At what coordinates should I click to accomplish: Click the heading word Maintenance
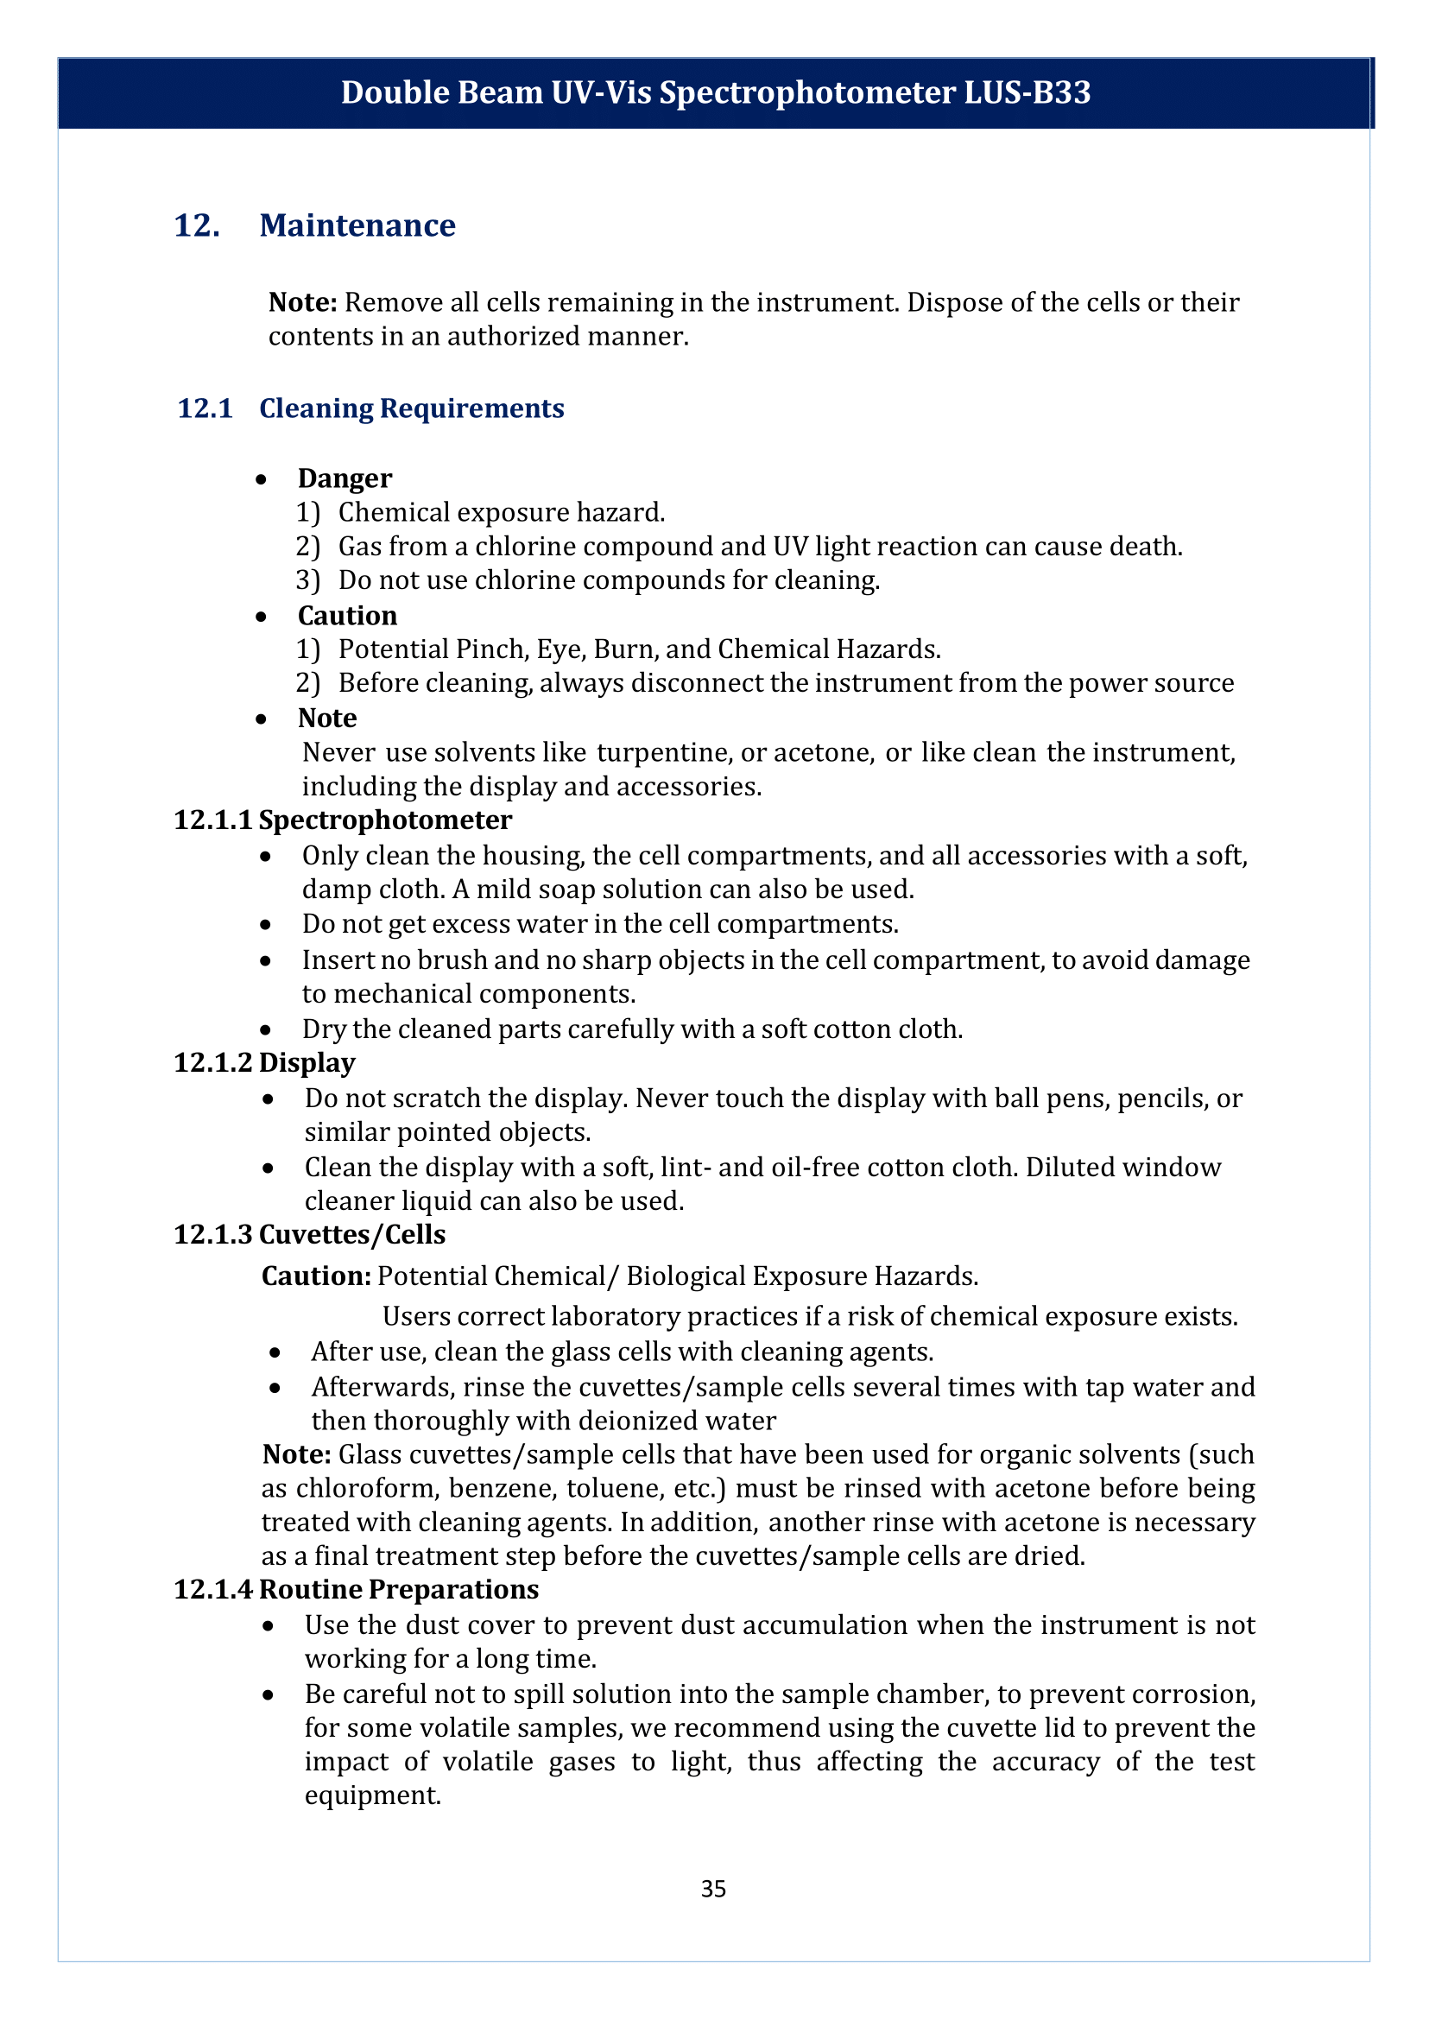[357, 226]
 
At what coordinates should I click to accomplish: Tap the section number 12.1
[205, 408]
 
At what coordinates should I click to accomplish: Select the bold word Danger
[345, 478]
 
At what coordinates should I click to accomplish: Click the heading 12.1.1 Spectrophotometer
[342, 820]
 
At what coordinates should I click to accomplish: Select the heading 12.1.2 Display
[264, 1063]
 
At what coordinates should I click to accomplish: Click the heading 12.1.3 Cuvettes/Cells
[309, 1235]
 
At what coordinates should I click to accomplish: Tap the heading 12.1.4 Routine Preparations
[356, 1590]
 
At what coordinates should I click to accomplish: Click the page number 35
[713, 1889]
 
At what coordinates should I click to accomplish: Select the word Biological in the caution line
[684, 1276]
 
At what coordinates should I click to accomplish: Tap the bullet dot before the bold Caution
[262, 617]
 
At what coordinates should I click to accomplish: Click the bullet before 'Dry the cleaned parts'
[266, 1029]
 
